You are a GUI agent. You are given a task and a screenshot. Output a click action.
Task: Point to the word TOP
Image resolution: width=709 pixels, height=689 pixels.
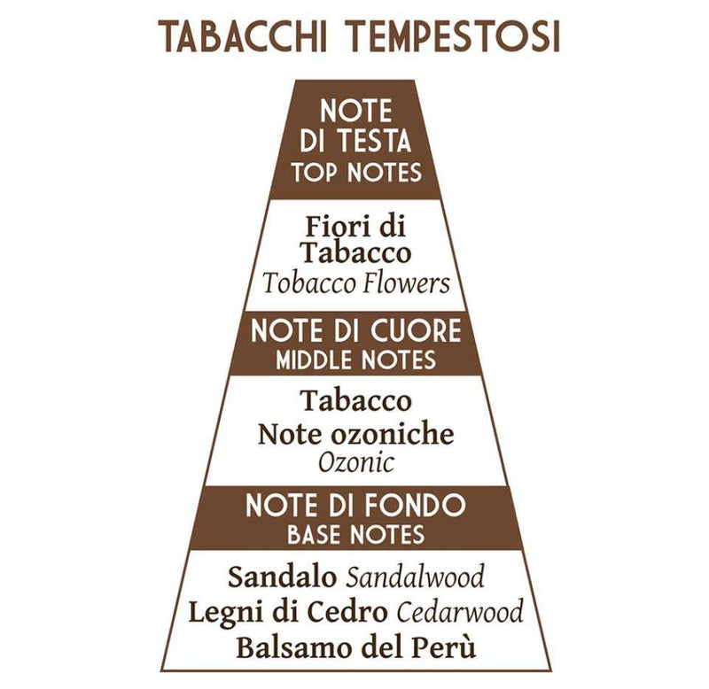312,172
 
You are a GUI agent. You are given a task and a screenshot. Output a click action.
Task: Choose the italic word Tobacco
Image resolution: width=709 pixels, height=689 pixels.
311,284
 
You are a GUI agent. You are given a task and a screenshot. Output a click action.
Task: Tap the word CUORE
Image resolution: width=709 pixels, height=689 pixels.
416,330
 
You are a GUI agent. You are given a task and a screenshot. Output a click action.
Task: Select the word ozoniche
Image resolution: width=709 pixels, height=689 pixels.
393,435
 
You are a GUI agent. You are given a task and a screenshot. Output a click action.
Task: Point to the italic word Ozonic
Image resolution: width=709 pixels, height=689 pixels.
356,462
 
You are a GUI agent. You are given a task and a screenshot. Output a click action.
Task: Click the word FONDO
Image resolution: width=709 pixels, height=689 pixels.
418,505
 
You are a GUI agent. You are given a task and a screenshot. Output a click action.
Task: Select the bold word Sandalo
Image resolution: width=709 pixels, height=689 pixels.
282,577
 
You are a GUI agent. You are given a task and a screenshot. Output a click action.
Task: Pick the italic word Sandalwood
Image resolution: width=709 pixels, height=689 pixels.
415,577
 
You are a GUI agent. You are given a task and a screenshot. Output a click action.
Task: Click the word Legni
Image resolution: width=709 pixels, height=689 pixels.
226,614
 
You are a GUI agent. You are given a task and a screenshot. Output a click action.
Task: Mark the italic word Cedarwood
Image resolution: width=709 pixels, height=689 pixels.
460,613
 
